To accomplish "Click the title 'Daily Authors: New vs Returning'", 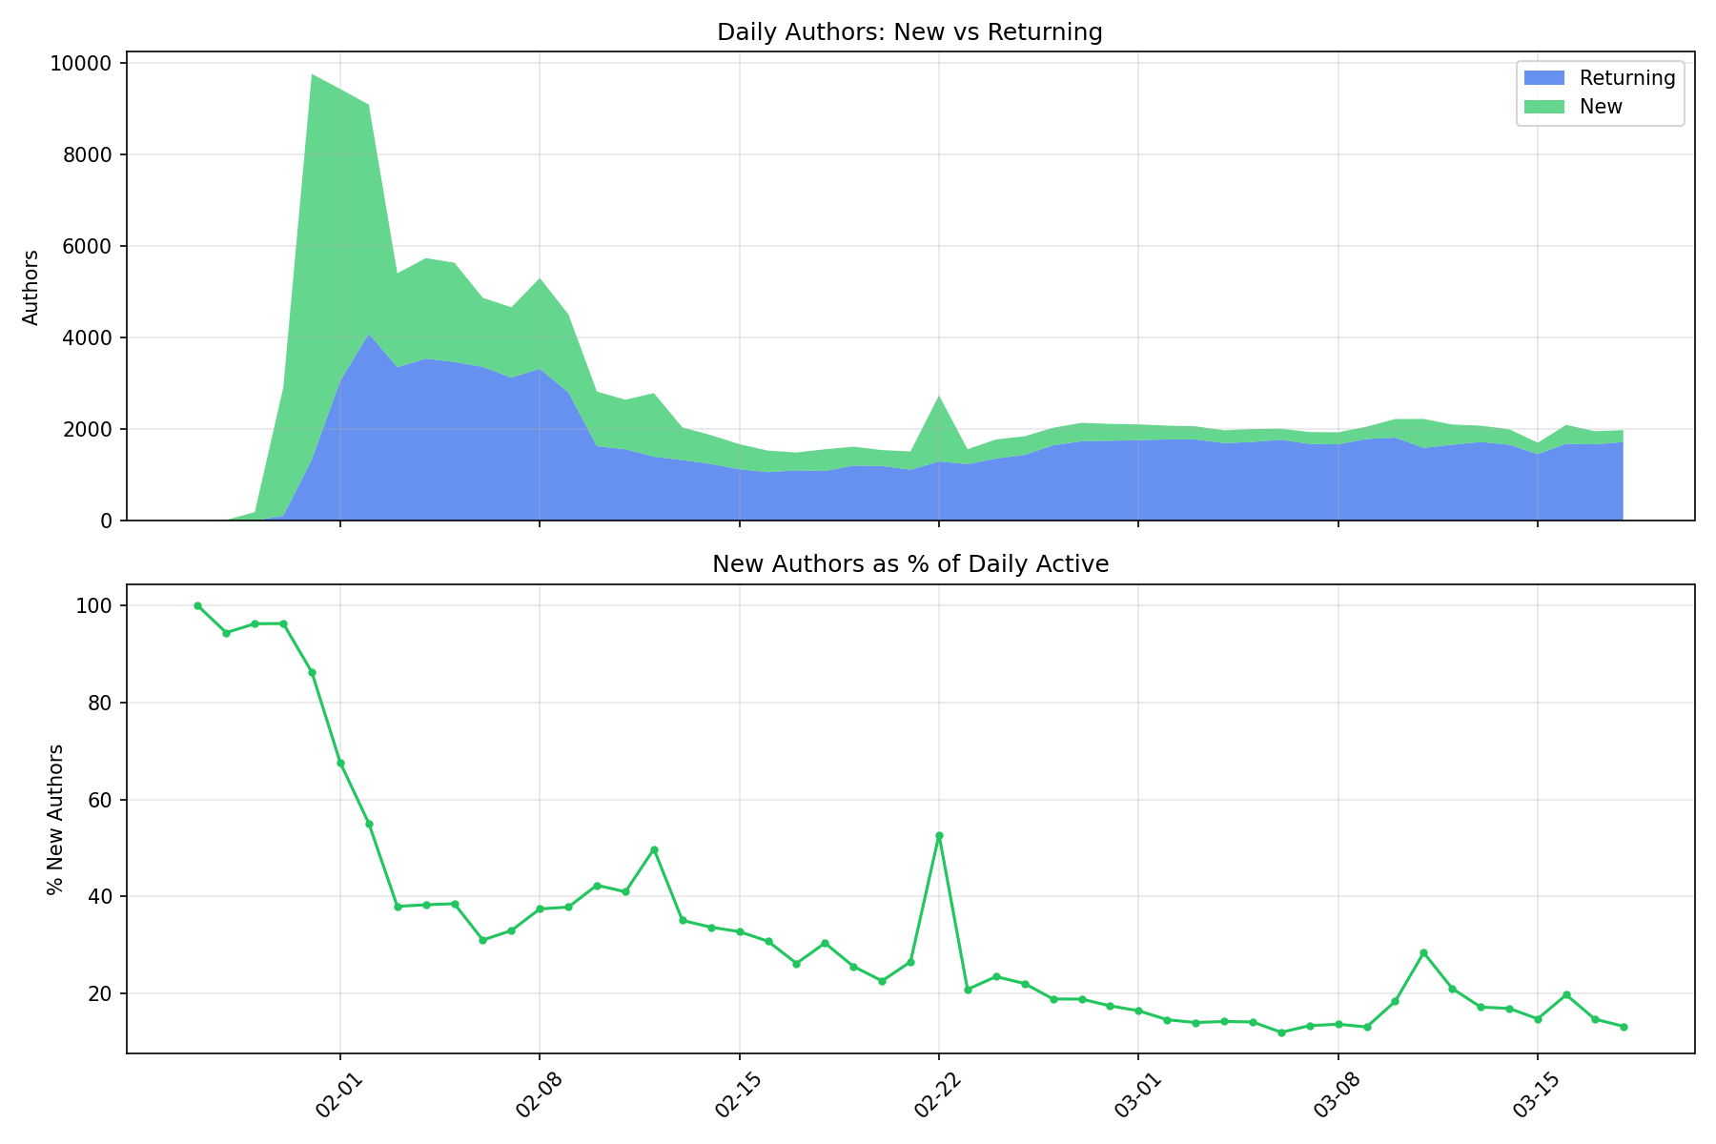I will tap(909, 32).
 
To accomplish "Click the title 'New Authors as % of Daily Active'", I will tap(909, 564).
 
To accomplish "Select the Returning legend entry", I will tap(1626, 78).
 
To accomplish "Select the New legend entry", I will tap(1601, 107).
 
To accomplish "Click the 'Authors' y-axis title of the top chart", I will tap(31, 287).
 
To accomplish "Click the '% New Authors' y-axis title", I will tap(56, 819).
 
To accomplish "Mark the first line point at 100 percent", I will tap(197, 605).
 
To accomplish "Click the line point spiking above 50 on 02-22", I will tap(939, 835).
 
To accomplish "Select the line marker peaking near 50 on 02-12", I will tap(654, 849).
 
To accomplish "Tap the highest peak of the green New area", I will tap(313, 75).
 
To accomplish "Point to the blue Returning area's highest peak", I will tap(369, 335).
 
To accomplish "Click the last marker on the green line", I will tap(1624, 1027).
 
